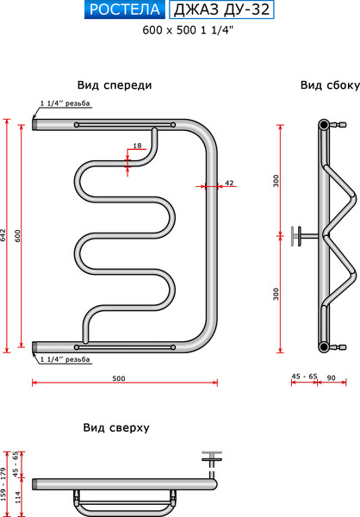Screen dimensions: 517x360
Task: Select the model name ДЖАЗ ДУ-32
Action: point(222,11)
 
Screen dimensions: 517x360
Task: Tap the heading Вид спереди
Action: point(115,86)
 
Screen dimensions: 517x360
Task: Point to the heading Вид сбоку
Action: point(324,86)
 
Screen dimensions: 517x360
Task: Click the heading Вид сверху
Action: point(117,427)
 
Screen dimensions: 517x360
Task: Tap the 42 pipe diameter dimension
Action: point(229,183)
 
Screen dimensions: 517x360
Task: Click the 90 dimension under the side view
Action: point(332,377)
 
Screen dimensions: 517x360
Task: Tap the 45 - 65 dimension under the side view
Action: point(304,377)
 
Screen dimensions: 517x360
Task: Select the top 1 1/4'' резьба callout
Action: point(65,103)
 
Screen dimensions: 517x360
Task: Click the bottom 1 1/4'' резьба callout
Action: point(65,359)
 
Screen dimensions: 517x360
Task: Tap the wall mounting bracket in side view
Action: point(298,235)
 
